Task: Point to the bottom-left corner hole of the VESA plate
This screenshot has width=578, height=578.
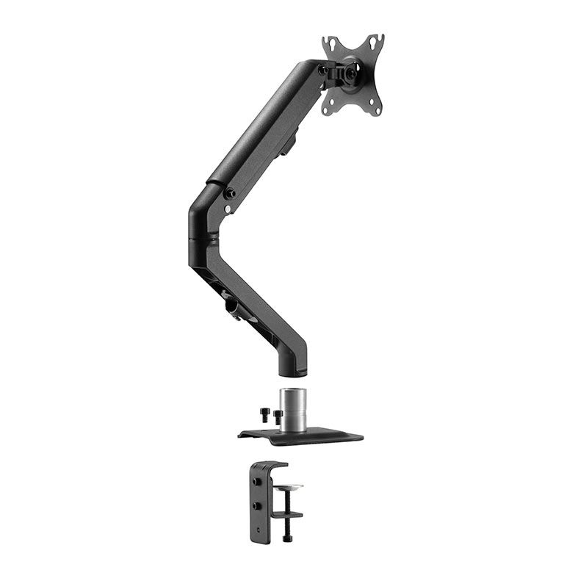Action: (x=328, y=109)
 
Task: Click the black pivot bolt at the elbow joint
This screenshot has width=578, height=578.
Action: (x=230, y=194)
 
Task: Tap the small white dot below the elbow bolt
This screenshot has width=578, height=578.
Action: (x=228, y=209)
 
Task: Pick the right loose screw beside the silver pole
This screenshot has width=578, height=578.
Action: (x=278, y=418)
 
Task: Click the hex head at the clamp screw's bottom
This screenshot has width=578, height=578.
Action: (x=284, y=539)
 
